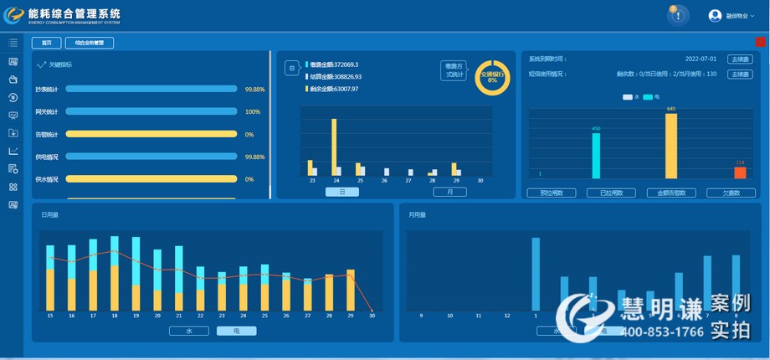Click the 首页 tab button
tap(47, 43)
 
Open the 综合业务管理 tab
tap(89, 43)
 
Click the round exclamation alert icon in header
tap(678, 15)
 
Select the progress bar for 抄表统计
tap(151, 89)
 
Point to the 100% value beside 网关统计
tap(252, 111)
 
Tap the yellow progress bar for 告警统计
tap(151, 134)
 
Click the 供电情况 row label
tap(47, 157)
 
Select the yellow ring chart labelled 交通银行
tap(492, 77)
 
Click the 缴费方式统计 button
tap(453, 70)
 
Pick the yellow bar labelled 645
tap(671, 146)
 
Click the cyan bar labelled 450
tap(596, 155)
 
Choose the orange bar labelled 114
tap(740, 172)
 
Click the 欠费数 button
tap(731, 193)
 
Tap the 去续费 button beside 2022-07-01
tap(740, 59)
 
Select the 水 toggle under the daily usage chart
tap(188, 331)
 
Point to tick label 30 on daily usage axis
tap(372, 316)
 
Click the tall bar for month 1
tap(536, 274)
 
